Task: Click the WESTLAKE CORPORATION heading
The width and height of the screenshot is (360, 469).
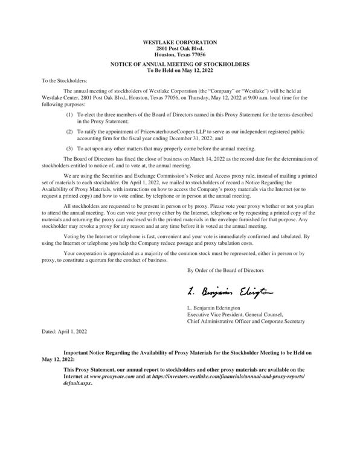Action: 179,42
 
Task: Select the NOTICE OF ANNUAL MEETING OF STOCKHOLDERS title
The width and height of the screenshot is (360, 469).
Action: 179,64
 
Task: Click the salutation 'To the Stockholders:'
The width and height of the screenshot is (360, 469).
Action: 64,80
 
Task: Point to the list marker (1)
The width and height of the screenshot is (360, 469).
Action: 70,114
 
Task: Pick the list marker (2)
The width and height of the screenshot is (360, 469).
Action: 70,131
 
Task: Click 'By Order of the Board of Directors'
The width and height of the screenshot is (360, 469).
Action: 225,270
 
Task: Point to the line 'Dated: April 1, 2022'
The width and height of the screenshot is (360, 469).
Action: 64,331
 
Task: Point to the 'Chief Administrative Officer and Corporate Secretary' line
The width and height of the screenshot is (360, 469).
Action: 246,322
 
